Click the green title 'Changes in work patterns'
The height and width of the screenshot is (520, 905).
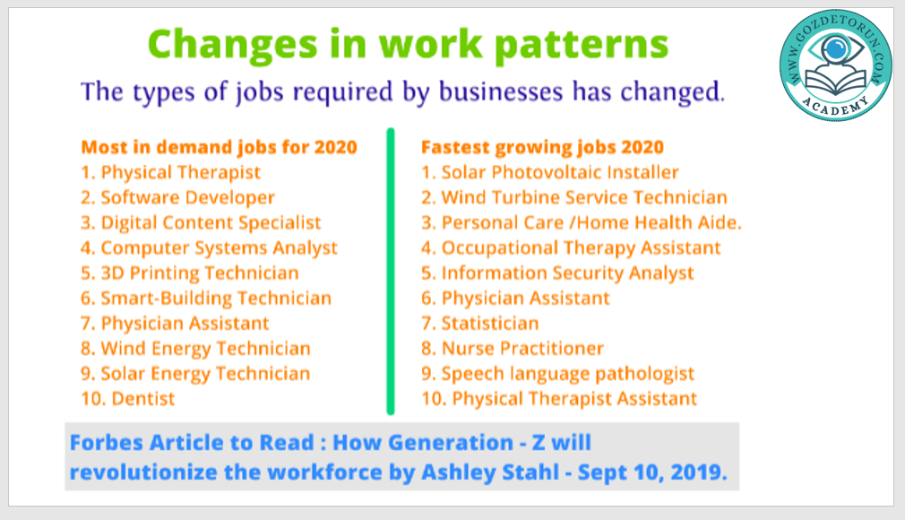(408, 45)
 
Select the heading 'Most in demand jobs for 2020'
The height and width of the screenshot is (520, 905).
(220, 147)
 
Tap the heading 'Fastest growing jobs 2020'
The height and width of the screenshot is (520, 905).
(542, 147)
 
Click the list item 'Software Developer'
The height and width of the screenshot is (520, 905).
(187, 197)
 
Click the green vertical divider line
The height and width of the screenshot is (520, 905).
(391, 272)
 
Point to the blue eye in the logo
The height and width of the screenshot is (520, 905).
(835, 49)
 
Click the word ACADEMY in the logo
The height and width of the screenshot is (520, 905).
(835, 106)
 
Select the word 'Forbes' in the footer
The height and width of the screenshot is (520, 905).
(107, 443)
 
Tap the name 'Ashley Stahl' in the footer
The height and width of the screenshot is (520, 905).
(490, 472)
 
